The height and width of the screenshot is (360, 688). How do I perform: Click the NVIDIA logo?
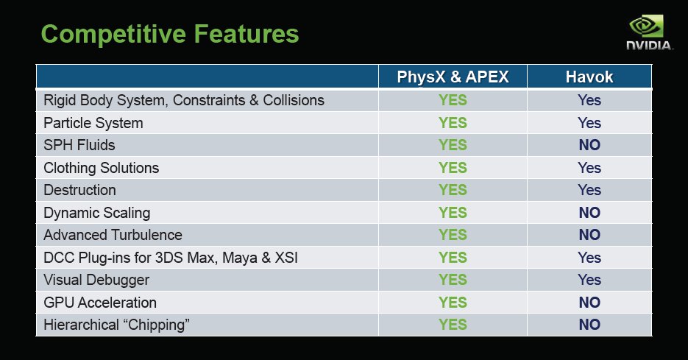point(649,32)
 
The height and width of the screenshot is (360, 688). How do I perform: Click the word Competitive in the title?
point(113,35)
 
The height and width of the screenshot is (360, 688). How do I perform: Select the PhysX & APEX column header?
point(453,77)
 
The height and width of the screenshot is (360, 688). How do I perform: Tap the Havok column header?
point(589,77)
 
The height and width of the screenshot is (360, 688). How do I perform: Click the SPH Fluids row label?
point(79,145)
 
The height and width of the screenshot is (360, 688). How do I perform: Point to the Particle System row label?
point(93,123)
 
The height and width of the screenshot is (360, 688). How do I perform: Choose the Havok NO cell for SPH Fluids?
point(589,145)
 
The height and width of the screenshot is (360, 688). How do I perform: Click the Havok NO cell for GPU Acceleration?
point(589,302)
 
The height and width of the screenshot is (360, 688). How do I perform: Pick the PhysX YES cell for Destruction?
point(453,190)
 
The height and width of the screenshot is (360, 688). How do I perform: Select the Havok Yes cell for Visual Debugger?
point(589,280)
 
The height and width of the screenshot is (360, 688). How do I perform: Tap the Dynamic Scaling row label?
point(97,213)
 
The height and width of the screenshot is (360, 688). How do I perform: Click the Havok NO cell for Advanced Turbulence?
point(589,234)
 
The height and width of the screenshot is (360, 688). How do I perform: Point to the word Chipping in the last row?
point(156,325)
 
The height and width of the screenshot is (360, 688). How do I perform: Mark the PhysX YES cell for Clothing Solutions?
point(453,167)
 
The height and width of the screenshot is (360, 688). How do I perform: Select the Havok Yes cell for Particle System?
point(589,122)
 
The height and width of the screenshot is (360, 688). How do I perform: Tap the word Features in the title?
point(247,35)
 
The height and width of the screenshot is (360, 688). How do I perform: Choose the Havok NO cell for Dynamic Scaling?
point(589,213)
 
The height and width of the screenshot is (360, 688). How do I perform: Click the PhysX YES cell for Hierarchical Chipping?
point(453,325)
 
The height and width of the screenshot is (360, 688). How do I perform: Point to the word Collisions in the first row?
point(294,100)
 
